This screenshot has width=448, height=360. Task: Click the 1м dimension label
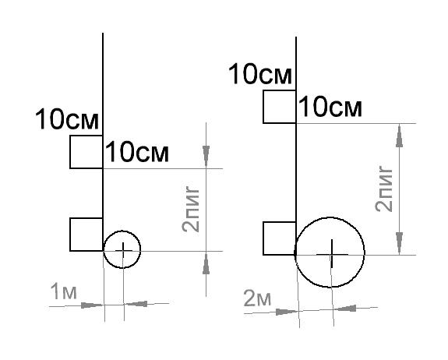(63, 291)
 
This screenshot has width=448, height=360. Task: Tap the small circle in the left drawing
(122, 231)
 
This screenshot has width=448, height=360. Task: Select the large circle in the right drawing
(330, 217)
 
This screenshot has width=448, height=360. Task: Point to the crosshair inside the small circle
(123, 251)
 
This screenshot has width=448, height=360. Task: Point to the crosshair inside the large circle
(332, 254)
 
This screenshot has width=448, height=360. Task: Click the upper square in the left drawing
(70, 152)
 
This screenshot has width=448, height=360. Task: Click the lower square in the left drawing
(70, 235)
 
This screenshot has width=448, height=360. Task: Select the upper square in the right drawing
(263, 107)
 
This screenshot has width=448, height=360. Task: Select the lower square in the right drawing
(263, 238)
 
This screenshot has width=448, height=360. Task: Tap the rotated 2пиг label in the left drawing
(191, 209)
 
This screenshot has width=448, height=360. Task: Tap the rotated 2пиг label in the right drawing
(383, 189)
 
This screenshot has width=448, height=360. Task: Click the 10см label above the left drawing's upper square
(67, 119)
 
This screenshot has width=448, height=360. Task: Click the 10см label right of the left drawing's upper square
(137, 152)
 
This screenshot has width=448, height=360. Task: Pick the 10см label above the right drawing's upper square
(260, 74)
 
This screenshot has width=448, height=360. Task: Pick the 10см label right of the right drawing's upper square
(330, 107)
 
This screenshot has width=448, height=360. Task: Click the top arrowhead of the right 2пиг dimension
(400, 136)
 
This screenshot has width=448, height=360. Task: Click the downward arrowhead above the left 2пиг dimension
(206, 157)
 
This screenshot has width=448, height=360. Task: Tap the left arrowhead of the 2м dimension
(287, 312)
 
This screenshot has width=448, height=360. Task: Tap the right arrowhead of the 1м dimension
(136, 304)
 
